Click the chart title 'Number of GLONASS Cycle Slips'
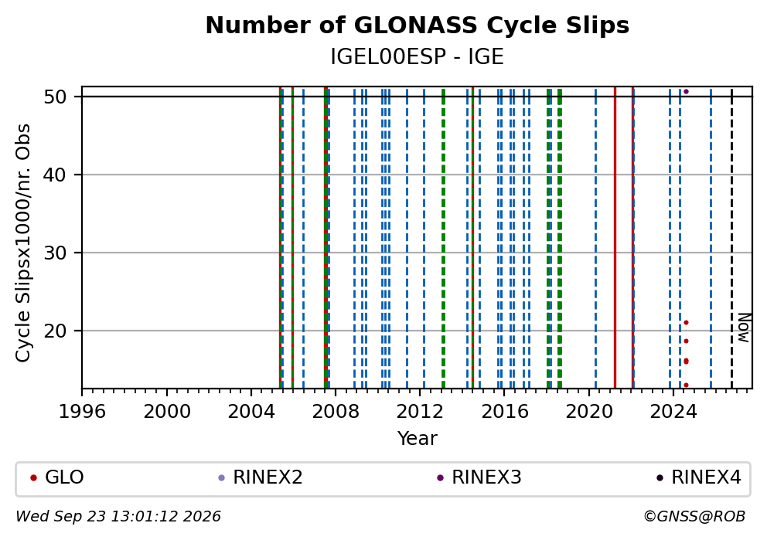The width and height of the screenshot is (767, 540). [418, 25]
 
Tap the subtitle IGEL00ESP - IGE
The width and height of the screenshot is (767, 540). [418, 57]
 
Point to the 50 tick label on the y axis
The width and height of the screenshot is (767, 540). [55, 97]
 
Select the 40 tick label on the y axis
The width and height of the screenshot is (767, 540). [55, 175]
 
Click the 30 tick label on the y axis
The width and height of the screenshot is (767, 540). [55, 253]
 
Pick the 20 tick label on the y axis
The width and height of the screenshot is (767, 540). [55, 331]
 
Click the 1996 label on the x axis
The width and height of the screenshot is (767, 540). [82, 412]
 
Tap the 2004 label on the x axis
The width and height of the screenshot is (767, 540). [251, 412]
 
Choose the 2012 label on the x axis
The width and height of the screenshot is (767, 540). [420, 412]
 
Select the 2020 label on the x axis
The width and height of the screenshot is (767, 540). [589, 412]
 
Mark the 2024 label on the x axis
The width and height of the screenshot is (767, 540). [673, 412]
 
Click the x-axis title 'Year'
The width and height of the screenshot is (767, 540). [418, 438]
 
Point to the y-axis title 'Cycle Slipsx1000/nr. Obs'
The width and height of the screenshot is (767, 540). [23, 243]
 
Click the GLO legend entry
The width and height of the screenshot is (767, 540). [58, 477]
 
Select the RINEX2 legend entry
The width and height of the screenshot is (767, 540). [261, 477]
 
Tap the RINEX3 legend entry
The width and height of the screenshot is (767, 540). [479, 477]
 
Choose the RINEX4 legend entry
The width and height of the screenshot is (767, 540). [699, 477]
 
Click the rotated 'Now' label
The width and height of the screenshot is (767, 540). [744, 328]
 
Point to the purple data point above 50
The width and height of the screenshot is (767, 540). [686, 91]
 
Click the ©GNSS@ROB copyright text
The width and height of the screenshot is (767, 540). [694, 516]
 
